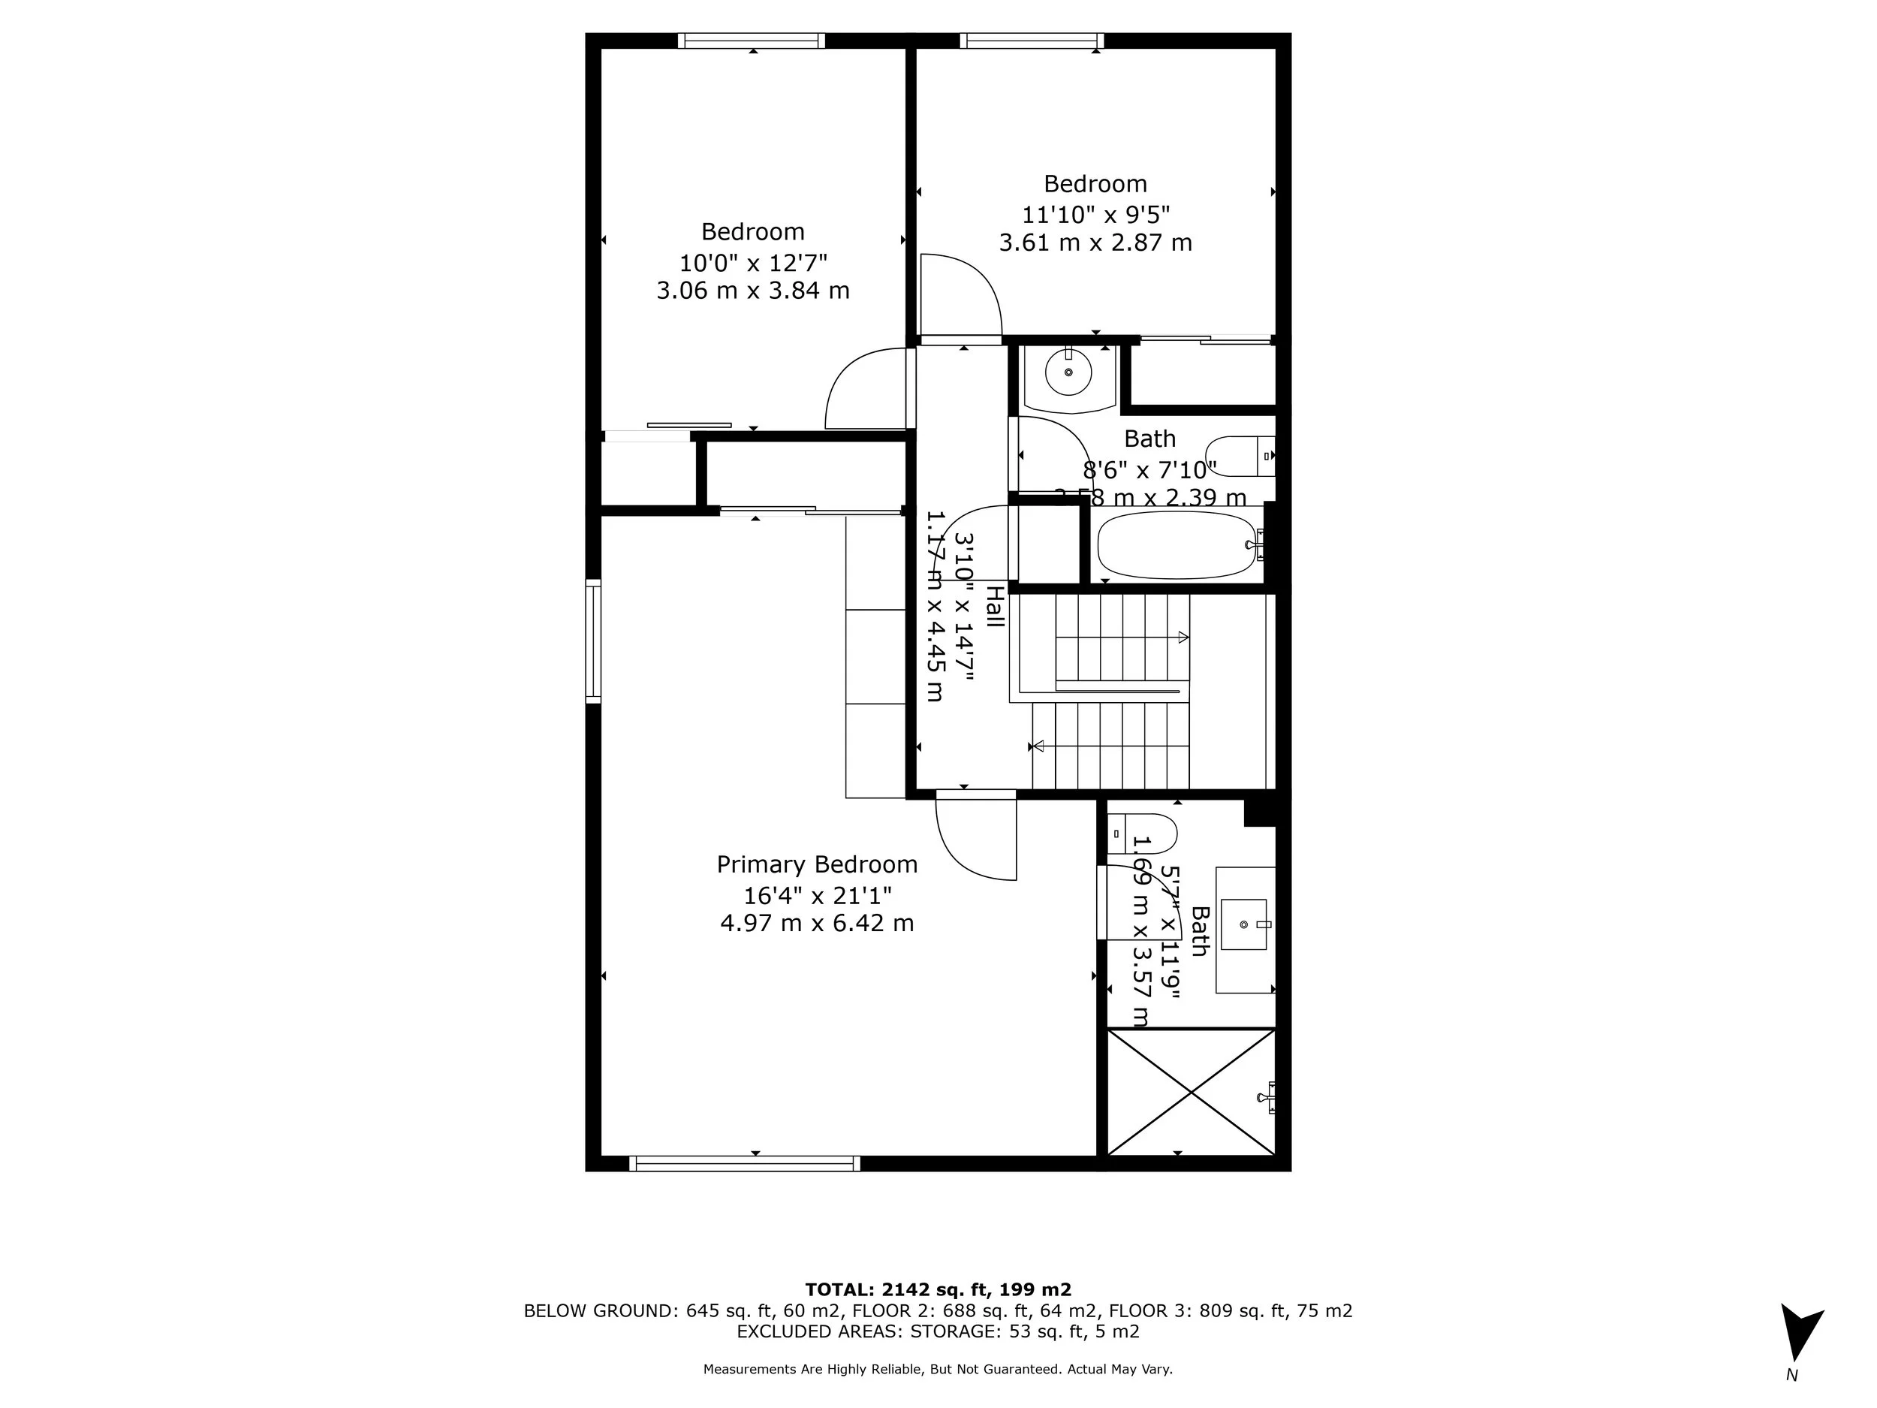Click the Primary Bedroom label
click(x=816, y=864)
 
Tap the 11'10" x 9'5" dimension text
click(x=1095, y=214)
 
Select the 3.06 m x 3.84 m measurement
click(x=752, y=291)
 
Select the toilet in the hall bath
click(x=1239, y=456)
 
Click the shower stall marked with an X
click(x=1191, y=1093)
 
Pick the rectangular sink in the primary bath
click(x=1244, y=924)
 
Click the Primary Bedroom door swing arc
click(x=967, y=849)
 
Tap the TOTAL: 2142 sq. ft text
click(x=938, y=1290)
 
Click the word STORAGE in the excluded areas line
click(x=956, y=1331)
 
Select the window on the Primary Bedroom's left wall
click(x=593, y=641)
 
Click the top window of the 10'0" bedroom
click(x=751, y=41)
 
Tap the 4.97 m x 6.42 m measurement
click(x=816, y=923)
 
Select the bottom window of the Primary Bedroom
click(x=744, y=1164)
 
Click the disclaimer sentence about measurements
click(x=938, y=1369)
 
